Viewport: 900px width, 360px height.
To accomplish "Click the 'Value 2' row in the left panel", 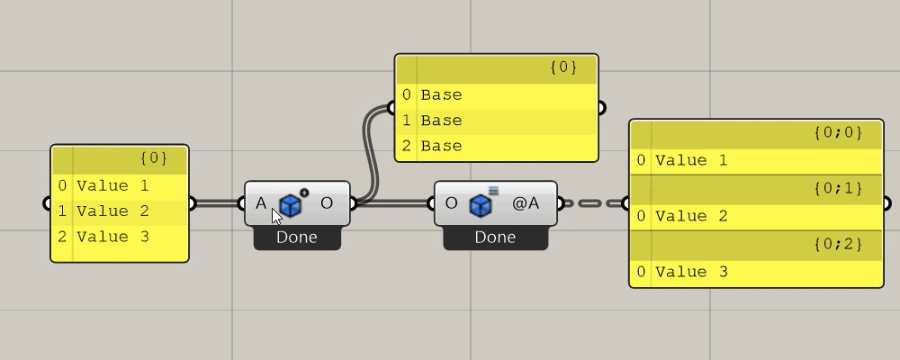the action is tap(112, 211).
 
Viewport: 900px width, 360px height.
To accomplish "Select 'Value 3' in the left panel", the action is tap(112, 237).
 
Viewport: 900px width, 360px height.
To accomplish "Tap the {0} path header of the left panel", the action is tap(154, 157).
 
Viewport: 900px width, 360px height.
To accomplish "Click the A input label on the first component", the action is tap(261, 203).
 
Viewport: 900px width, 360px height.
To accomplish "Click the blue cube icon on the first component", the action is tap(291, 205).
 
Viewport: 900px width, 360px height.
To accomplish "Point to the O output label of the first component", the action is tap(327, 203).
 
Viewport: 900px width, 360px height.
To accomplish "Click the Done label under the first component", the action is tap(297, 237).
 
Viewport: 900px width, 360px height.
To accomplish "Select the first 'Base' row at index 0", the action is tap(497, 95).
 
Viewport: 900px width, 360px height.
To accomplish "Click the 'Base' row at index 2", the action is tap(497, 146).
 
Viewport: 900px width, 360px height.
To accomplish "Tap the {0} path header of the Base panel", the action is tap(563, 67).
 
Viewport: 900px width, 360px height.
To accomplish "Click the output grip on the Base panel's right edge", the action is tap(600, 107).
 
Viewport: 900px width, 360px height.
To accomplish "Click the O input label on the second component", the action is tap(451, 203).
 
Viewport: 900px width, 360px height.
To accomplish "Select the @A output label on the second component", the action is tap(526, 203).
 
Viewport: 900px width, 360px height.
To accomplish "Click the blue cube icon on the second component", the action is tap(480, 205).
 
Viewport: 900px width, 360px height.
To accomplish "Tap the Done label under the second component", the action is tap(495, 237).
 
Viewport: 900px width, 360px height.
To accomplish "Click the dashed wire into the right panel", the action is tap(592, 203).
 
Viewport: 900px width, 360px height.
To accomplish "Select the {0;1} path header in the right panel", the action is tap(838, 188).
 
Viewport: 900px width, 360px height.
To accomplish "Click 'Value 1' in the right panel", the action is tap(691, 161).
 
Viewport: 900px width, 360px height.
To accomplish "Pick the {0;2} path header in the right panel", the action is tap(838, 244).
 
